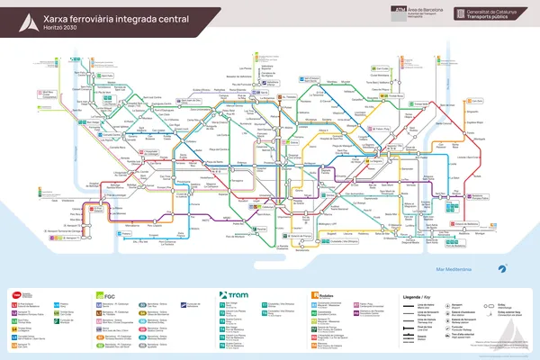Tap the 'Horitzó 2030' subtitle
point(61,28)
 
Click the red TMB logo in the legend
point(15,294)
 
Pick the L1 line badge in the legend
point(14,306)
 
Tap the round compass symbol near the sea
point(504,267)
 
